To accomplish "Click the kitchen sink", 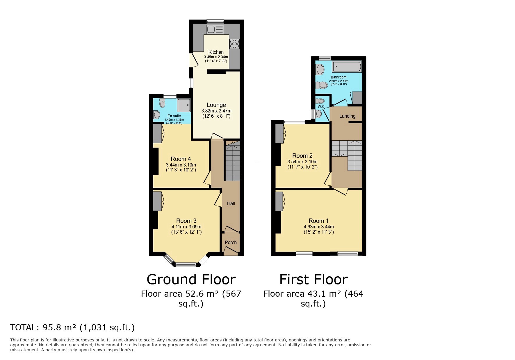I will click(x=215, y=30).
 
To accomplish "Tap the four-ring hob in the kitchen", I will click(x=234, y=44).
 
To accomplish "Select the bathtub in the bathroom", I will click(x=347, y=67).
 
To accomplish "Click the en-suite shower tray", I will click(x=184, y=105).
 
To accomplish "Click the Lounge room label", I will click(x=216, y=105).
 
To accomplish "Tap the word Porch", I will click(x=231, y=242).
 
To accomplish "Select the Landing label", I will click(x=347, y=116).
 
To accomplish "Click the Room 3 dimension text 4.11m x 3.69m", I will click(x=186, y=227).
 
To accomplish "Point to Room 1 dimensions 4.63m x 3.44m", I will click(x=319, y=227).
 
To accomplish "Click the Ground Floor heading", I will click(x=191, y=279).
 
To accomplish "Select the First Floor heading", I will click(x=313, y=279).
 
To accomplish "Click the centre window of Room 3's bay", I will click(x=186, y=264).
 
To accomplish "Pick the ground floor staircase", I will click(x=232, y=163).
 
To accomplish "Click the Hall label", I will click(x=231, y=203).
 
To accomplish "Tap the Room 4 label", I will click(x=181, y=159).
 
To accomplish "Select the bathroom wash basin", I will click(x=320, y=69).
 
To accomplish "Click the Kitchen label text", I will click(x=216, y=52).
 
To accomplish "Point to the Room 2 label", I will click(x=302, y=156).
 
